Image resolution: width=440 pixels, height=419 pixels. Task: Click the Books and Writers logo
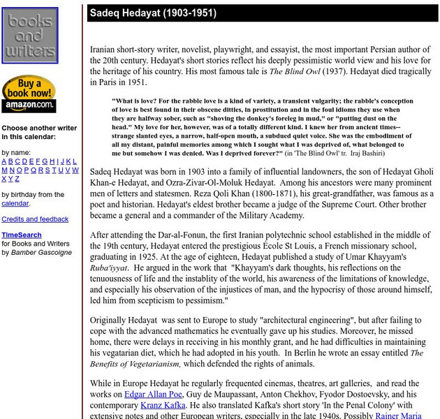(x=29, y=36)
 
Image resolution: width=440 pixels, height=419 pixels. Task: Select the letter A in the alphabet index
(x=4, y=161)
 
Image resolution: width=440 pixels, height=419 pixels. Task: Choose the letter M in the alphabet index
(x=5, y=170)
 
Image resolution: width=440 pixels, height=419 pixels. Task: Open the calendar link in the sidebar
(x=15, y=203)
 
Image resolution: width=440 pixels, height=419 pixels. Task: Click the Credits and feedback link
(x=35, y=219)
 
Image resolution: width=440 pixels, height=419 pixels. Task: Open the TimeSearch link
(x=21, y=235)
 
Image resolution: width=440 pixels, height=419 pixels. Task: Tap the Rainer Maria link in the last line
(x=402, y=415)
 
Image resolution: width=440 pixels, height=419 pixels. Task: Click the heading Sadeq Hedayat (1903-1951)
(x=153, y=13)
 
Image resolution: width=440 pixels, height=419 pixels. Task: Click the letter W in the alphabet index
(x=75, y=170)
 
